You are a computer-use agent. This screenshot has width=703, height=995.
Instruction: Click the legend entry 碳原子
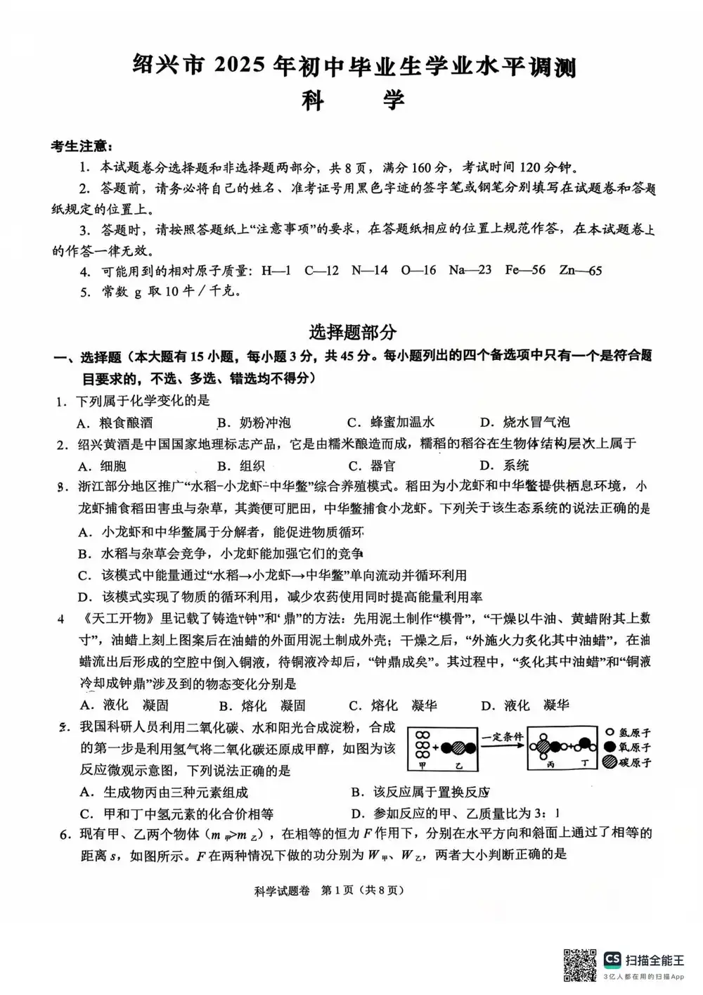point(627,762)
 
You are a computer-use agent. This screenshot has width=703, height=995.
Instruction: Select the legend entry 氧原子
point(627,747)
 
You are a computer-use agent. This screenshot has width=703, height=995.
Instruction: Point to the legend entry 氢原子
point(627,732)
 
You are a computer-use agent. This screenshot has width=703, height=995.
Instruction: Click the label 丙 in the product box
point(550,764)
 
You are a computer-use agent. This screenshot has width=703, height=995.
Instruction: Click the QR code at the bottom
point(580,965)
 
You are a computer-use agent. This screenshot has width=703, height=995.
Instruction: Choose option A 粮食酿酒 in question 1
point(116,423)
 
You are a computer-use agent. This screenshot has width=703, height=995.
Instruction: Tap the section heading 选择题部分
point(352,332)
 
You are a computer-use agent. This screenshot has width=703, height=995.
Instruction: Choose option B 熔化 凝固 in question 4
point(263,705)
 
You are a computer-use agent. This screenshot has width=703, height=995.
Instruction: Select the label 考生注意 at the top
point(81,146)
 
